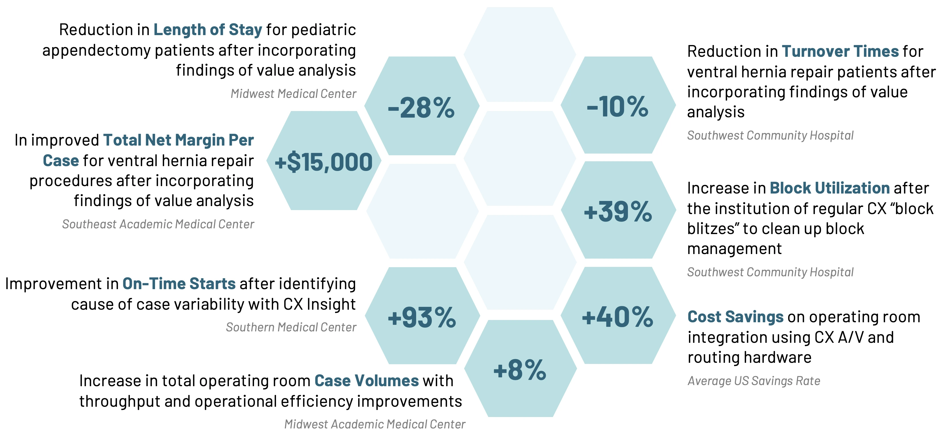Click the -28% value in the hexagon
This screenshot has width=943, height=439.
coord(421,108)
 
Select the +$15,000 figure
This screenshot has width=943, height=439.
coord(324,162)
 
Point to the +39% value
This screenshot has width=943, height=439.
coord(618,212)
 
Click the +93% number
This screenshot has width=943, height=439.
coord(422,317)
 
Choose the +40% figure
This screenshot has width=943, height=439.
coord(618,317)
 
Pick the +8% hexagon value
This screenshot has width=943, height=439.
coord(520,370)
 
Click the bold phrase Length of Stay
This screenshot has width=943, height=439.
coord(207,30)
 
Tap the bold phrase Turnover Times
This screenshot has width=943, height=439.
coord(840,51)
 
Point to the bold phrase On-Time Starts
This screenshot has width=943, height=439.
coord(179,284)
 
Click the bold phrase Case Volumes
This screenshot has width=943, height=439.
coord(366,381)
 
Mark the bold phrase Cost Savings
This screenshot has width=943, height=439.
coord(736,317)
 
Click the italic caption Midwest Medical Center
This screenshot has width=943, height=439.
coord(293,94)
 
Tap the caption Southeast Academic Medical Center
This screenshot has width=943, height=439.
coord(158,224)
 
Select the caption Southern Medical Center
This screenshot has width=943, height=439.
coord(291,327)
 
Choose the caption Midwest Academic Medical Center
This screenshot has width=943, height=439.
coord(375,424)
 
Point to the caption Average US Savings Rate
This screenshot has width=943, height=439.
coord(754,381)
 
